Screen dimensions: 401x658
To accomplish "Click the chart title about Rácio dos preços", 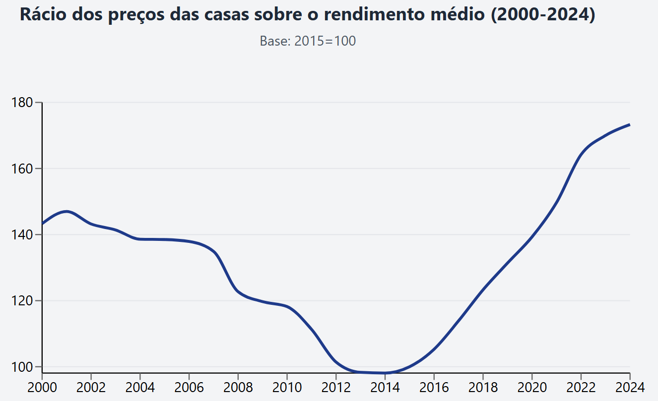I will [308, 15].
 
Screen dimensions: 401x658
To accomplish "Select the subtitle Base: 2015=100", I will [308, 41].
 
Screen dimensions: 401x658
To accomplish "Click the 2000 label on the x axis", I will [42, 387].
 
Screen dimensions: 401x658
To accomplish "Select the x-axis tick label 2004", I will [140, 387].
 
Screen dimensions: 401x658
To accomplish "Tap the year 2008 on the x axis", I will [238, 387].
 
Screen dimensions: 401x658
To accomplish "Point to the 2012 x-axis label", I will [336, 387].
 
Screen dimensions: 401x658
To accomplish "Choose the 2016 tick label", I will [434, 387].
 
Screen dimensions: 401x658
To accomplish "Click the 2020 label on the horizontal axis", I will [532, 387].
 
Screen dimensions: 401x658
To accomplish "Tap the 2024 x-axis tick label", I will [630, 387].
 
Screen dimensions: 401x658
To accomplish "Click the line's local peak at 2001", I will [66, 212].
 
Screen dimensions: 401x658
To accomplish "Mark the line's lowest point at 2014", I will [385, 373].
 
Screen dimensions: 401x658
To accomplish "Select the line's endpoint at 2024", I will [630, 124].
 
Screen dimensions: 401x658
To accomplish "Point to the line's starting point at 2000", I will [42, 224].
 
